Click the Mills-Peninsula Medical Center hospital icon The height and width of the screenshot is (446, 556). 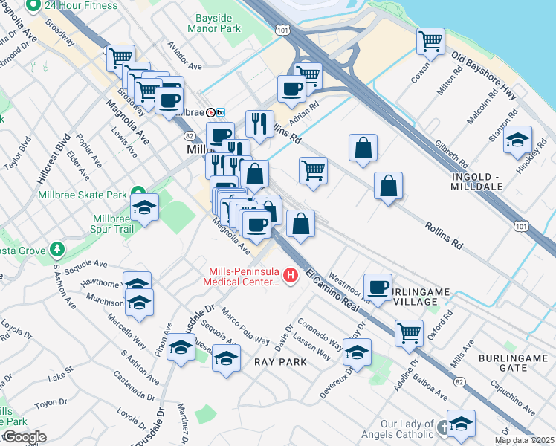click(291, 277)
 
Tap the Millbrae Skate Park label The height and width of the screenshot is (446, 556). click(83, 195)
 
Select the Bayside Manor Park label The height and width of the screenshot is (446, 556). click(219, 22)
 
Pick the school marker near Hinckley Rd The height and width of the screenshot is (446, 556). click(517, 140)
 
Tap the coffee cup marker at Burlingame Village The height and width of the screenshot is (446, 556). click(378, 288)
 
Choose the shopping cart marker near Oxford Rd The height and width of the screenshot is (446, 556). click(410, 334)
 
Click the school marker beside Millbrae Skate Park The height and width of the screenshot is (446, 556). click(144, 208)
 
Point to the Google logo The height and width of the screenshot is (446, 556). click(25, 437)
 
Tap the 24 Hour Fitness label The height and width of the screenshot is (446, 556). click(81, 5)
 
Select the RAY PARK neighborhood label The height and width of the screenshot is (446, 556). click(280, 362)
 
